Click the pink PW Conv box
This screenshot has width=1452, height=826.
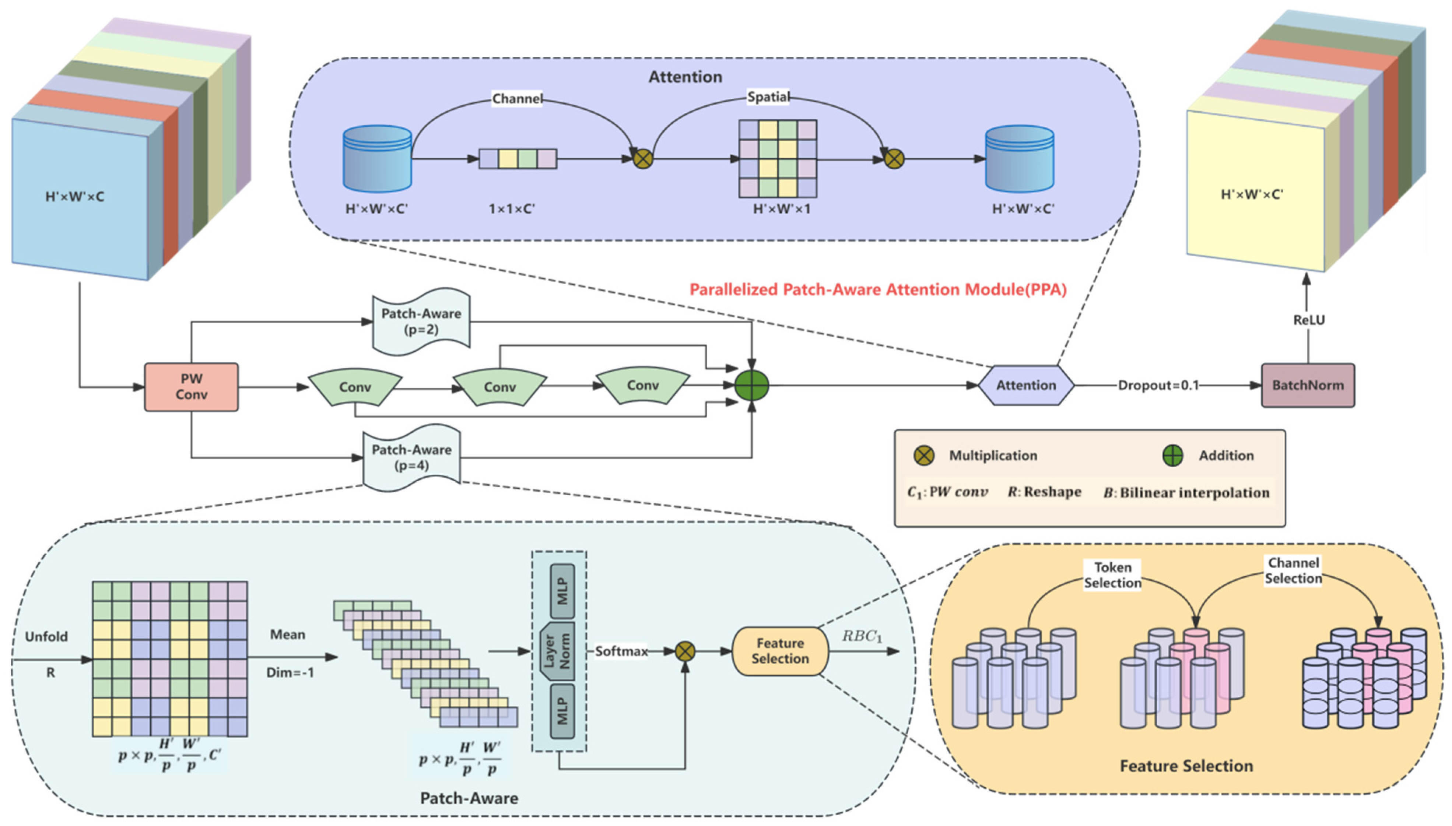pyautogui.click(x=191, y=387)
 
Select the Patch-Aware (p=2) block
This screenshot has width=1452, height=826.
pyautogui.click(x=421, y=321)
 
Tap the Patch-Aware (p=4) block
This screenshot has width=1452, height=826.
pyautogui.click(x=411, y=458)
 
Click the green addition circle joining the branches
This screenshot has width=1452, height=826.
pyautogui.click(x=752, y=386)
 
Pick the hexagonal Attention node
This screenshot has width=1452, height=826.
pyautogui.click(x=1026, y=385)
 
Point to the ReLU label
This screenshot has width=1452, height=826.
pyautogui.click(x=1309, y=320)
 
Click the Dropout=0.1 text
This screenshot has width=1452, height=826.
pyautogui.click(x=1158, y=385)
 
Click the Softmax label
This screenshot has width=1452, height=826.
pyautogui.click(x=621, y=651)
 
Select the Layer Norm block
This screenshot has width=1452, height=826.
pyautogui.click(x=557, y=651)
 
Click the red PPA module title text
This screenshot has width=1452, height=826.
pyautogui.click(x=878, y=289)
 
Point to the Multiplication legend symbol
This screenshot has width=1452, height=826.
pyautogui.click(x=924, y=456)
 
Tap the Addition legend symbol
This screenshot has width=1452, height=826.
pyautogui.click(x=1173, y=456)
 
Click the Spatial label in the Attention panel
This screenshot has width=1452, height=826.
pyautogui.click(x=768, y=97)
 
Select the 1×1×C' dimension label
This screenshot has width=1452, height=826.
pyautogui.click(x=512, y=209)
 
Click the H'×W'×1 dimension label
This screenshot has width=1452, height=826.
pyautogui.click(x=781, y=209)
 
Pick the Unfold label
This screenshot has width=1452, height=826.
pyautogui.click(x=46, y=636)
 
